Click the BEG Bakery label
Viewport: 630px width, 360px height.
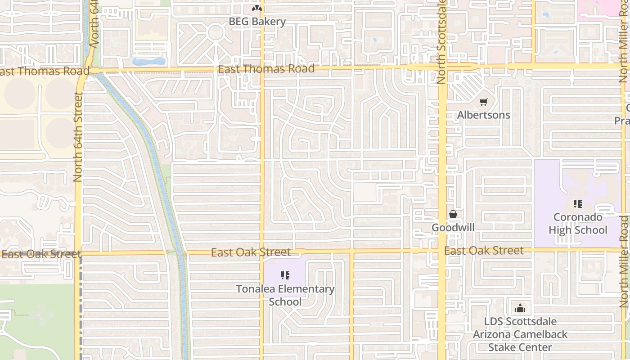coord(257,21)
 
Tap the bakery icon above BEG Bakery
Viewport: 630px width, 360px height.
coord(257,8)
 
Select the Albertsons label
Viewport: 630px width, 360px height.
coord(484,115)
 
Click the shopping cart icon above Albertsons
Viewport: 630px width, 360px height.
coord(484,102)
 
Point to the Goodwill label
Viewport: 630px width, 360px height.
coord(453,227)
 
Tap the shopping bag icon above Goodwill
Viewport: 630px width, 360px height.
coord(453,214)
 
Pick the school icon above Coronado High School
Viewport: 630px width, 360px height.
coord(578,204)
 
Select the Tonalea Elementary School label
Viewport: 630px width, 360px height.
coord(285,295)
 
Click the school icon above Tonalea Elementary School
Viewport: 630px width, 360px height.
coord(285,275)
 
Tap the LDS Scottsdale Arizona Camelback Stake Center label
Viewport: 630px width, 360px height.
coord(520,334)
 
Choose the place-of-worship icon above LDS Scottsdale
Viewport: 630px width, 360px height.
coord(520,308)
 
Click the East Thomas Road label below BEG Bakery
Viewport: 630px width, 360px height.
coord(266,69)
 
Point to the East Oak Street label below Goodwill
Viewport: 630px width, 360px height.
coord(484,251)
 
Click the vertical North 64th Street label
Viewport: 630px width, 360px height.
coord(78,137)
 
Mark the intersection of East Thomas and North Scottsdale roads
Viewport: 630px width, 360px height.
coord(442,67)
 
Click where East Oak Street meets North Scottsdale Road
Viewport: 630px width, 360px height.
coord(443,250)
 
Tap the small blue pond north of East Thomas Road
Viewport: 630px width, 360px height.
coord(149,61)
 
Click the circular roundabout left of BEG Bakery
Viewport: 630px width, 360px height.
coord(216,32)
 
